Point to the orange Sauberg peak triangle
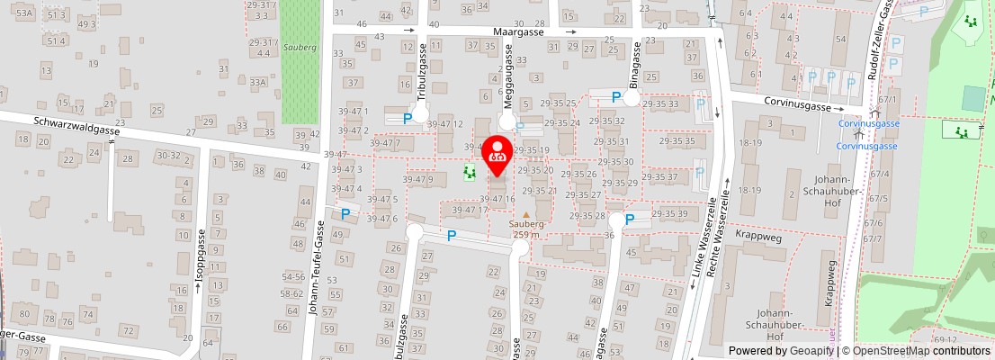[526, 214]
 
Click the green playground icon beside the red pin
[468, 171]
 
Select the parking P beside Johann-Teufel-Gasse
[345, 214]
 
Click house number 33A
[259, 83]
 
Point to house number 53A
[24, 13]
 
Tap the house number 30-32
[168, 155]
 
